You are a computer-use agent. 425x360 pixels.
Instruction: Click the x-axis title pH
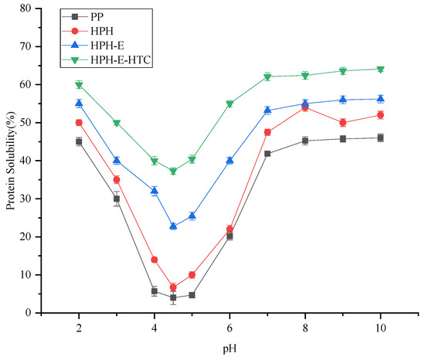[x=229, y=348]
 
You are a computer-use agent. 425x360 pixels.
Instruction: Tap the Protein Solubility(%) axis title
[x=10, y=161]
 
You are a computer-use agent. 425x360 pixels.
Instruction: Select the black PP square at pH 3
[x=117, y=199]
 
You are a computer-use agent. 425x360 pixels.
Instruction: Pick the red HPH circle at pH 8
[x=304, y=107]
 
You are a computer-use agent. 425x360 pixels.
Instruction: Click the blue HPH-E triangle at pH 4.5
[x=173, y=226]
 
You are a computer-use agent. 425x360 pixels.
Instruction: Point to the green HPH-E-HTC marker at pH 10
[x=380, y=70]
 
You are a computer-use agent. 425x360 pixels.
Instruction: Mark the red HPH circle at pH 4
[x=155, y=260]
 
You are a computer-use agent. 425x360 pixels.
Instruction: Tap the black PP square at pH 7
[x=267, y=154]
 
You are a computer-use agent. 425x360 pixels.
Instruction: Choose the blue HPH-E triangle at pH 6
[x=229, y=161]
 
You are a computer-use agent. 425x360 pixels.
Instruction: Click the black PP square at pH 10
[x=380, y=138]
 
